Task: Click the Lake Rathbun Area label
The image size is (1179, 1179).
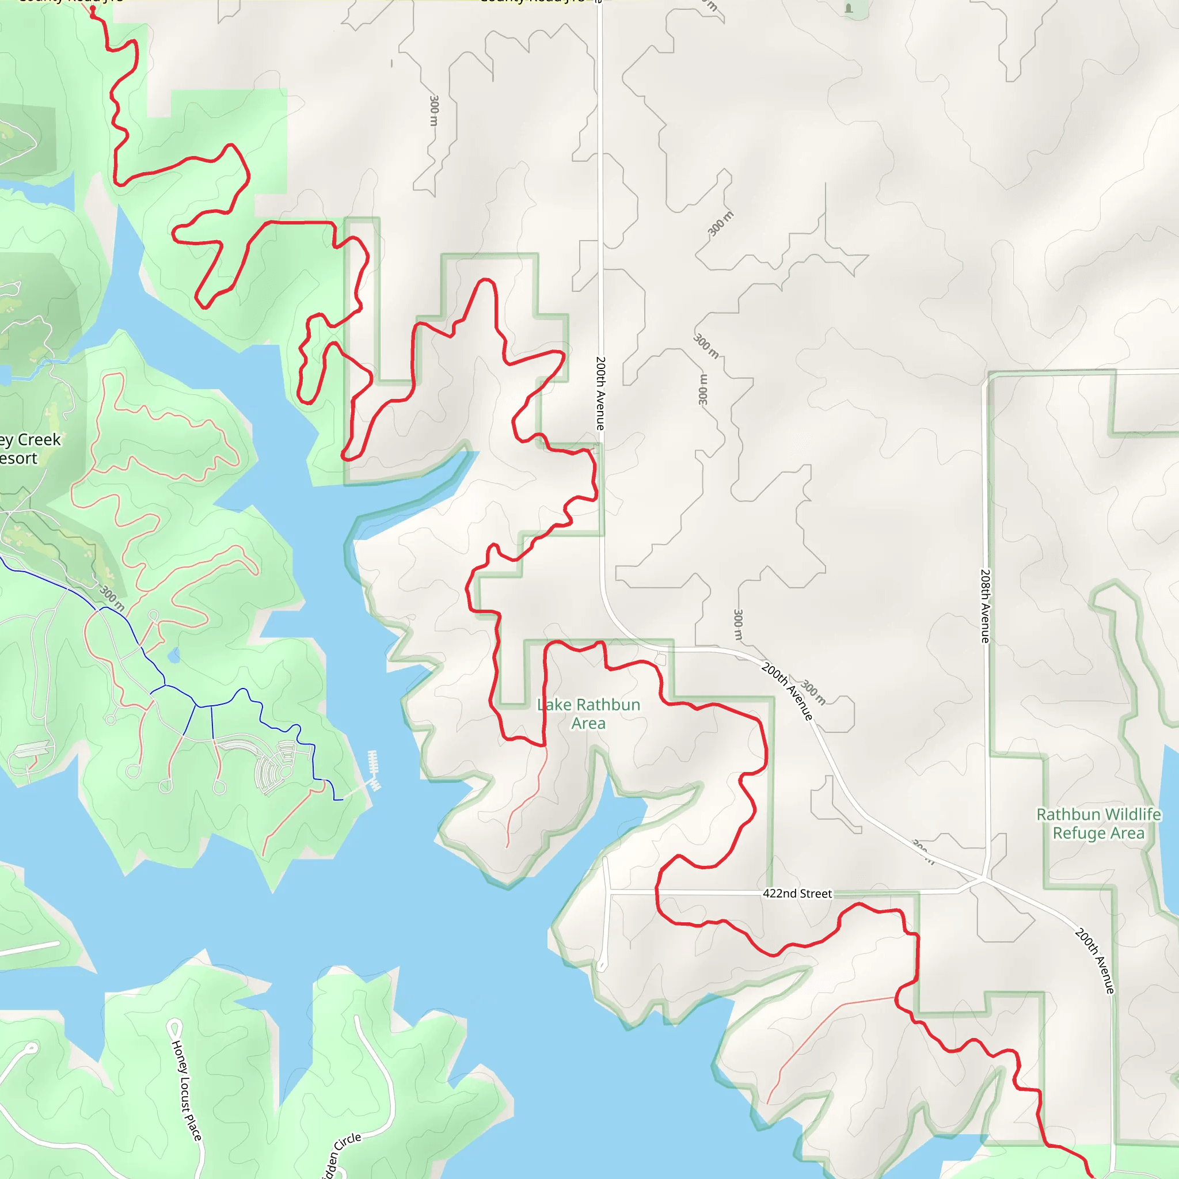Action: click(588, 713)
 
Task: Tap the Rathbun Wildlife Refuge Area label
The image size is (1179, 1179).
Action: click(1098, 823)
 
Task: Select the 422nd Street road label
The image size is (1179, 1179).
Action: click(797, 893)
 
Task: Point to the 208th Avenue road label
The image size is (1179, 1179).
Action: click(985, 606)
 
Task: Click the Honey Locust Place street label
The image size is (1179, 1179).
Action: click(186, 1090)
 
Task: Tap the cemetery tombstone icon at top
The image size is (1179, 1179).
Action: click(848, 8)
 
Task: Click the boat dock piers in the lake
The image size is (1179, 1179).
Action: click(374, 771)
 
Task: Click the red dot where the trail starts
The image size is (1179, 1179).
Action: click(93, 9)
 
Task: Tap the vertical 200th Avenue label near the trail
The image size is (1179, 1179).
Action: click(600, 393)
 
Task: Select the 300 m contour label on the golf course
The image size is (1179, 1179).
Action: click(112, 598)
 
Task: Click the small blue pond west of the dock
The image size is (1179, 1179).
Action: click(174, 657)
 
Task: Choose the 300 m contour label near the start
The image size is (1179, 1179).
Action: click(434, 111)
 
